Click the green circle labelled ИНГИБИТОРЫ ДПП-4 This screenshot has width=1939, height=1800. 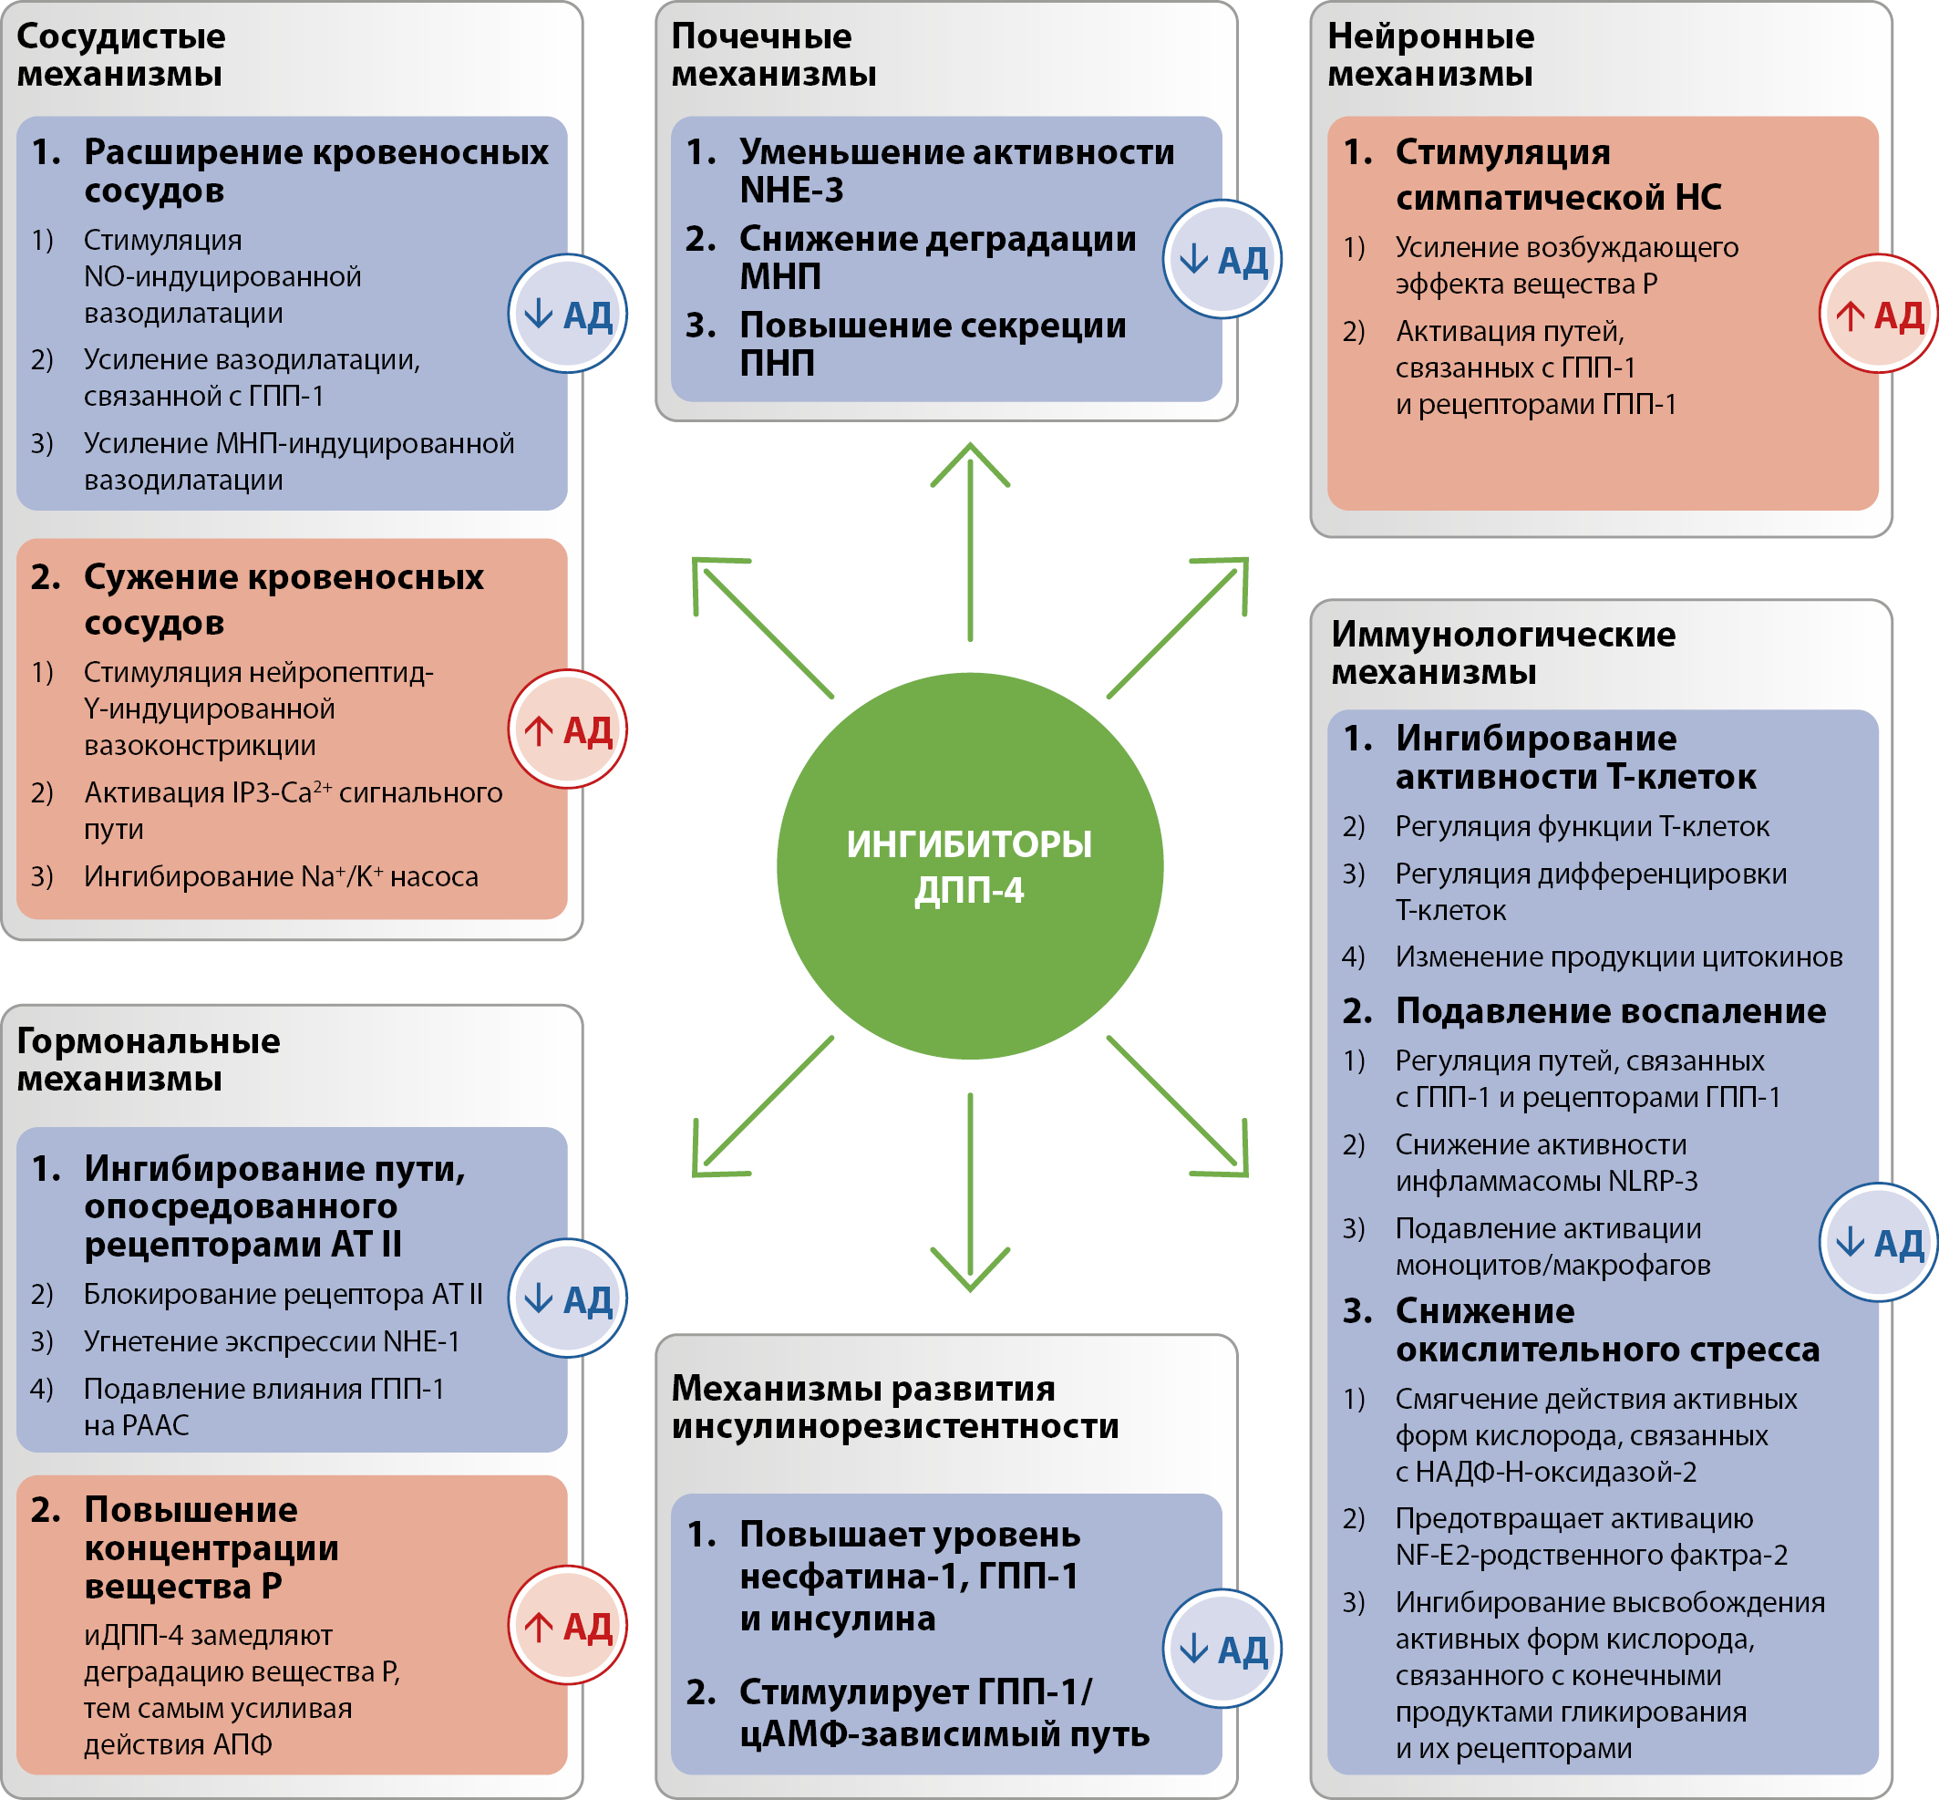969,866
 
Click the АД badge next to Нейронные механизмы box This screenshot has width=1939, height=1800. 1878,314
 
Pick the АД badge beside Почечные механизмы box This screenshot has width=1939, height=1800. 1222,259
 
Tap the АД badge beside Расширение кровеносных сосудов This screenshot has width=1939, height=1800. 567,314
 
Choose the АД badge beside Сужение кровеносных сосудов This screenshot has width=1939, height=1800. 567,729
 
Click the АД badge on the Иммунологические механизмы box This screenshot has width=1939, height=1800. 1878,1242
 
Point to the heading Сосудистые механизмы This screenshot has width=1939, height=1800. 120,55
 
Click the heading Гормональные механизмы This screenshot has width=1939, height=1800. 148,1059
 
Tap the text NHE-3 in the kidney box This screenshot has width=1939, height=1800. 790,190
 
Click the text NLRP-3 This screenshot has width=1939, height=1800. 1653,1181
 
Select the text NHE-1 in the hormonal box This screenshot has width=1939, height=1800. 421,1341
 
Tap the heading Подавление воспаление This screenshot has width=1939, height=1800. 1610,1011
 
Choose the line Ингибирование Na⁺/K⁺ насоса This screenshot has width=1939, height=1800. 281,876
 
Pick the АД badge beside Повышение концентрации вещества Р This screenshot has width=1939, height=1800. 567,1625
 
